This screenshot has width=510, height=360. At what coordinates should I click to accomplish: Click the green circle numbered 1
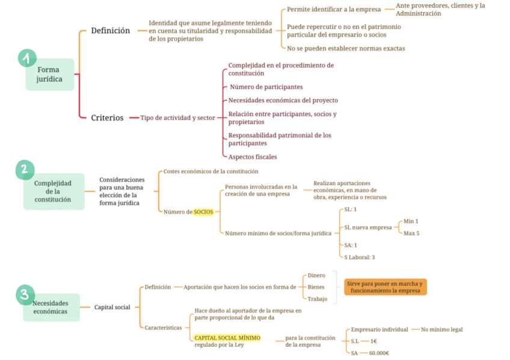(27, 58)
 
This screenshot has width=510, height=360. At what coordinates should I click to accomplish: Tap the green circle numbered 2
(25, 170)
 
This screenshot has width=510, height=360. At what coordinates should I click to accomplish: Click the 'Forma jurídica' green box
(49, 75)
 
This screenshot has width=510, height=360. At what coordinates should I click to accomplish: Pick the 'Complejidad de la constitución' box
(53, 191)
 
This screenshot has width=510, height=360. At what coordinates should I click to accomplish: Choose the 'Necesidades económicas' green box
(51, 307)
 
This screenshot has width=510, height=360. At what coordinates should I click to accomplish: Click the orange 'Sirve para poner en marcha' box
(385, 287)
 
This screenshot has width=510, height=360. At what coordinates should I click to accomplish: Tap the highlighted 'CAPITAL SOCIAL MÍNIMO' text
(227, 338)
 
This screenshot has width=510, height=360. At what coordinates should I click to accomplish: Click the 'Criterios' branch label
(107, 118)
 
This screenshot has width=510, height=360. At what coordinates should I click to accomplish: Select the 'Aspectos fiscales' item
(253, 157)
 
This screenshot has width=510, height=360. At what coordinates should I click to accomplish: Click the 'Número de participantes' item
(266, 87)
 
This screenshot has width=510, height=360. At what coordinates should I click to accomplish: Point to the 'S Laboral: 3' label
(360, 257)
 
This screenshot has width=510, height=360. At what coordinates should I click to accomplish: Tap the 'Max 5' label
(411, 233)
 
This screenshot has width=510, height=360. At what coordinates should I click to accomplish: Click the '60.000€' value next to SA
(379, 353)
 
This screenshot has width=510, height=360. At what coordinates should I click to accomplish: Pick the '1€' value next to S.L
(373, 341)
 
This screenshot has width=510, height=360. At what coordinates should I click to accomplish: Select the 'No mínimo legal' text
(441, 329)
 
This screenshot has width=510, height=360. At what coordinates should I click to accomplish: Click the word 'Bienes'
(316, 287)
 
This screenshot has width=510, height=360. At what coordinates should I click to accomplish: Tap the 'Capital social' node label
(112, 307)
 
